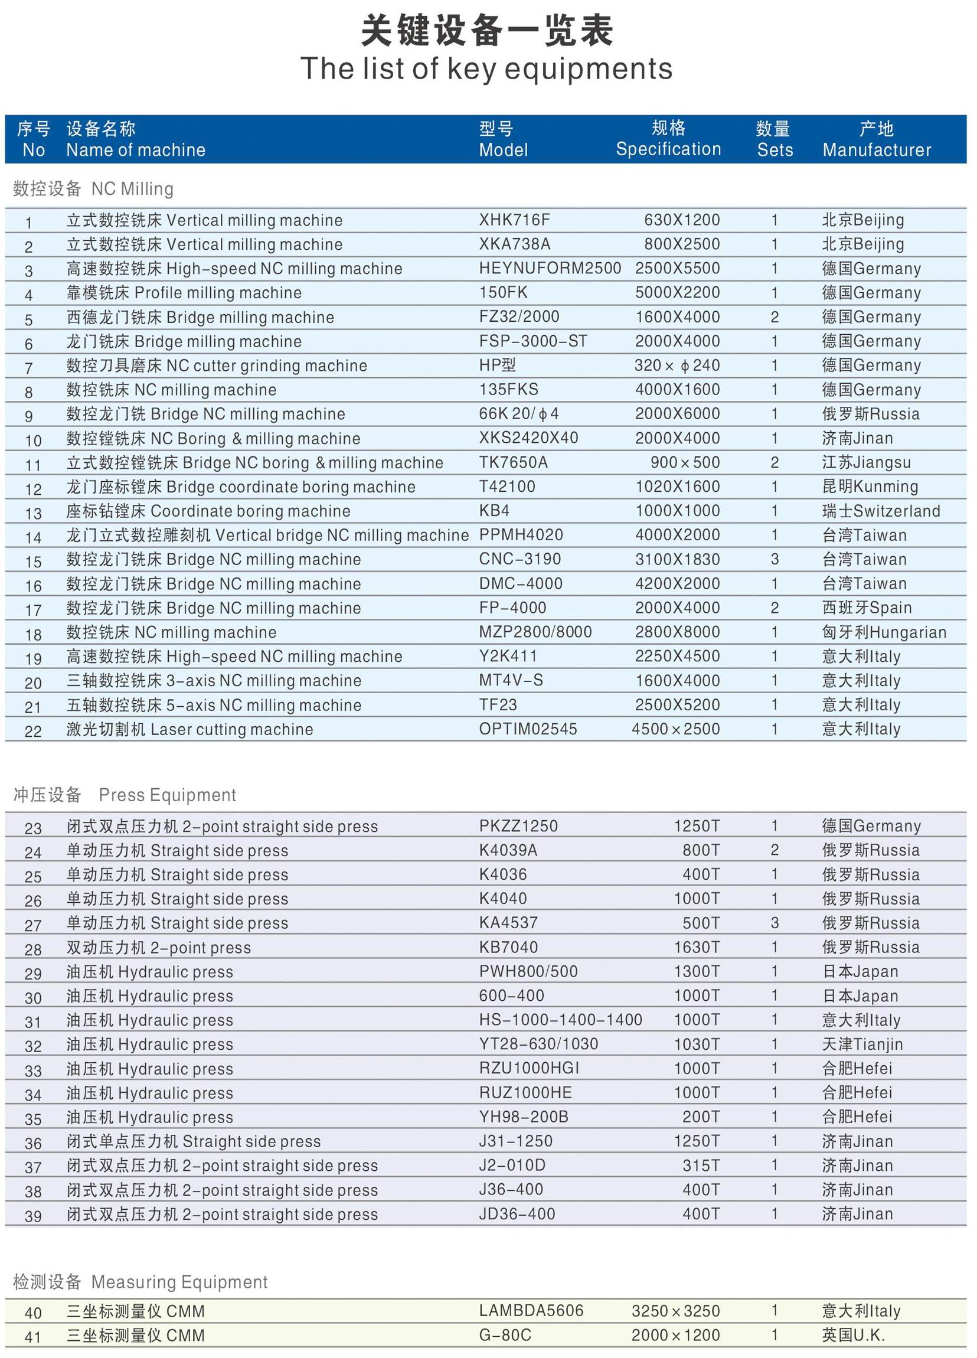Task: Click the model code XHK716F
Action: [x=514, y=220]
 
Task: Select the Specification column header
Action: [x=668, y=139]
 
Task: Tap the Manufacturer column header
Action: [x=877, y=139]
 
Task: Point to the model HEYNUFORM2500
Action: [x=550, y=268]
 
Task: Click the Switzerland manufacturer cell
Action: [x=881, y=511]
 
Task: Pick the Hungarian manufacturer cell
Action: [x=884, y=632]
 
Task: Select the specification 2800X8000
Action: [x=677, y=632]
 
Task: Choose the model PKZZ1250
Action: [x=518, y=826]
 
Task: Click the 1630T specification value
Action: [x=696, y=947]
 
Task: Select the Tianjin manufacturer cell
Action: [x=862, y=1044]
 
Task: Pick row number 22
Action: [x=33, y=730]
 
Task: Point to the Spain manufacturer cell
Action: [x=866, y=608]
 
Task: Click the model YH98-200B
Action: [x=523, y=1117]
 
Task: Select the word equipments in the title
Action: [x=589, y=69]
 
